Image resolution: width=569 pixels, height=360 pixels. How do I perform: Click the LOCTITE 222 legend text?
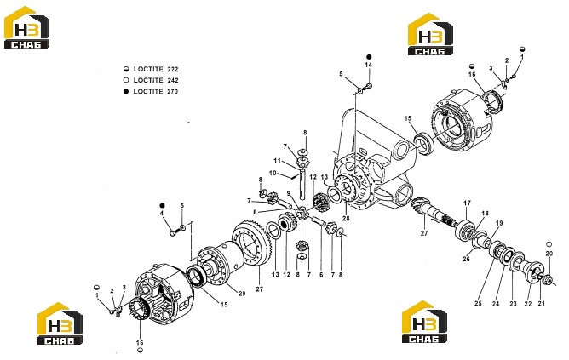point(156,69)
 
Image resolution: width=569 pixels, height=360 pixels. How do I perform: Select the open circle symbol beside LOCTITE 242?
point(126,80)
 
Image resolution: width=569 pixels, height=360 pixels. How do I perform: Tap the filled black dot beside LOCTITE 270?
point(126,91)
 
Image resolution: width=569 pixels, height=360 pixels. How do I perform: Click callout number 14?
point(369,65)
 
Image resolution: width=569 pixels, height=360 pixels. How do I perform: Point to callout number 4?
point(162,214)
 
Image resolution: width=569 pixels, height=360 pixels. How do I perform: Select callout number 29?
point(242,294)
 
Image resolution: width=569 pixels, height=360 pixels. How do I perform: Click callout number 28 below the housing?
point(346,218)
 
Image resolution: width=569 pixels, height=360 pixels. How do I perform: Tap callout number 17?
point(467,203)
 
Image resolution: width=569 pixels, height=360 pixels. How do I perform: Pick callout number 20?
point(549,254)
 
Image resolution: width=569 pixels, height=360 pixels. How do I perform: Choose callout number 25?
point(478,303)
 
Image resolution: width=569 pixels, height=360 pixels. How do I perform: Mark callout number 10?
point(273,173)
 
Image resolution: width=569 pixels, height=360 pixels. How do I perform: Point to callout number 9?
point(289,193)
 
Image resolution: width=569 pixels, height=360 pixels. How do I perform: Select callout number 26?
point(466,259)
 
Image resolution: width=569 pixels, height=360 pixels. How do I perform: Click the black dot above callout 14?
point(369,57)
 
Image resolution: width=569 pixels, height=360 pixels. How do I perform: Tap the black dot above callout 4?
point(162,206)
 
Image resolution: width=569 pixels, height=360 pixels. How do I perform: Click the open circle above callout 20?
point(549,244)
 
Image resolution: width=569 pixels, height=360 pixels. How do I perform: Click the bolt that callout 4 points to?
point(174,232)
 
